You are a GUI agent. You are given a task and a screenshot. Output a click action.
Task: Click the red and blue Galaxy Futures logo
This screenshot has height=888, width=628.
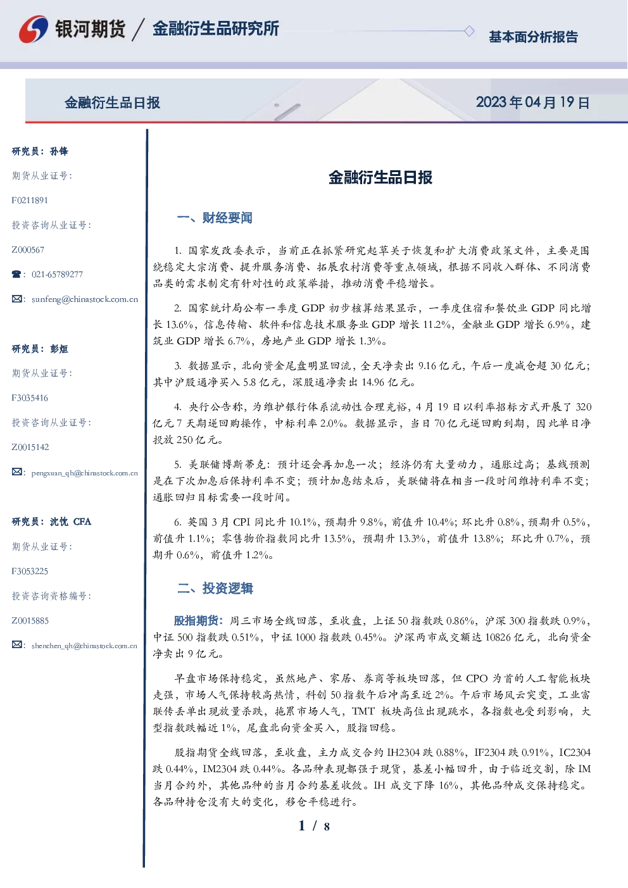click(x=34, y=29)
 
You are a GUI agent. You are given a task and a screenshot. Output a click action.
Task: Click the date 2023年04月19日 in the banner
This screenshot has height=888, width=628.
click(x=532, y=103)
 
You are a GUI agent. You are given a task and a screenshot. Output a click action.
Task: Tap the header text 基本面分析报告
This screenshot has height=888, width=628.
click(x=533, y=37)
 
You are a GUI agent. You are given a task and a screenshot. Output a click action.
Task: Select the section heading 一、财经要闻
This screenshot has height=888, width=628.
click(x=215, y=218)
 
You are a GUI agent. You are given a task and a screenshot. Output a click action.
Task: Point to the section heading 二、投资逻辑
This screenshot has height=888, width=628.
click(x=215, y=588)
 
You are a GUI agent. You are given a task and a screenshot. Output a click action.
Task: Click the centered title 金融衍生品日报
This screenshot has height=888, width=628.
click(x=380, y=177)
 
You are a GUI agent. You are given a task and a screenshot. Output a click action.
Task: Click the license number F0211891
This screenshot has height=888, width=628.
click(x=30, y=200)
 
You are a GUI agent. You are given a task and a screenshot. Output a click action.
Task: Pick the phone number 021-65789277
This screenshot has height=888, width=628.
click(x=57, y=274)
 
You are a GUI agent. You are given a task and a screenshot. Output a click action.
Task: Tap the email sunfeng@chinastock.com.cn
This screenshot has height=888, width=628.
click(x=85, y=299)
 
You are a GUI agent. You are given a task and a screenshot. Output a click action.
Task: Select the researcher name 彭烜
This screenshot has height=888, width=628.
click(x=59, y=349)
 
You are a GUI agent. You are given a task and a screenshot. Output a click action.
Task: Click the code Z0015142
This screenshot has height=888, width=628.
click(x=30, y=447)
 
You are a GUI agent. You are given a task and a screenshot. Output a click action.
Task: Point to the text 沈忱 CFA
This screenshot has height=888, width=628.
click(x=70, y=522)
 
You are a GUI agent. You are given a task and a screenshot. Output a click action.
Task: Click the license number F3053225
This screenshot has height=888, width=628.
click(x=30, y=572)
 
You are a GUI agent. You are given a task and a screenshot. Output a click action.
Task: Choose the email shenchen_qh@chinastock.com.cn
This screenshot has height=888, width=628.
click(x=84, y=646)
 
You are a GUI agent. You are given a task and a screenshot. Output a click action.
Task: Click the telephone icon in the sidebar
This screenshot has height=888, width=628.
click(x=16, y=274)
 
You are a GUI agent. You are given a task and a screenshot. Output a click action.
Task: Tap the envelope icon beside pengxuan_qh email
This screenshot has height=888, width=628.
click(x=16, y=472)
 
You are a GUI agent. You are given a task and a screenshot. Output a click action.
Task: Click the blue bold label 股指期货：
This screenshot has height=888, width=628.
click(x=199, y=621)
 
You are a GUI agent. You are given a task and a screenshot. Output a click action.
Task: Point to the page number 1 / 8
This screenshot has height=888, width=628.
click(x=314, y=826)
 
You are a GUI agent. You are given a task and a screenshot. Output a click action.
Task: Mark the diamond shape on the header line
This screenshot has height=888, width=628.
click(x=469, y=31)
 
